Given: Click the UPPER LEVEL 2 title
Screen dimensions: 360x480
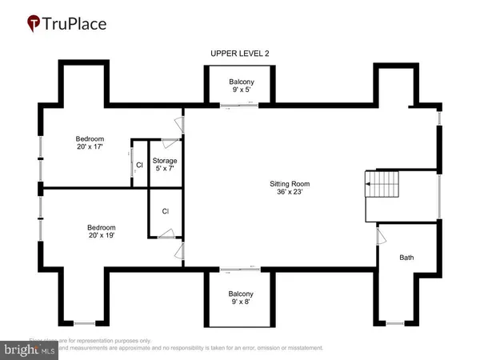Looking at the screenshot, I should coord(240,54).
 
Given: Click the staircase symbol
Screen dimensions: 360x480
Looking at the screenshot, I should coord(382,186).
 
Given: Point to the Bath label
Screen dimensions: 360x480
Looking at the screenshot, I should coord(406,258).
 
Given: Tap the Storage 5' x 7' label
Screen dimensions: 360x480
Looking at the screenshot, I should coord(164,166).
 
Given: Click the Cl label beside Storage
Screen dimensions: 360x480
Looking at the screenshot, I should coord(139,166).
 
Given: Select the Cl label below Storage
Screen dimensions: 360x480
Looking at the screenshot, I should coord(166,212).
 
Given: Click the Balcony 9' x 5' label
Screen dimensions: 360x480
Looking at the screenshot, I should coord(241,86).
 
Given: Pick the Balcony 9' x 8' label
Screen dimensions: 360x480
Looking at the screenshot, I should coord(241,298).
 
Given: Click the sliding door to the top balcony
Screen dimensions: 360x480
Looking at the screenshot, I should coord(241,104).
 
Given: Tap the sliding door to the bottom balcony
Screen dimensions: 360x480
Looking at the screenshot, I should coord(241,268).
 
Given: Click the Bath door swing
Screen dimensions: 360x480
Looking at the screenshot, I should coord(380,236).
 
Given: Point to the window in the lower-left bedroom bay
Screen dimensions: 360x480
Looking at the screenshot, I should coord(84,323).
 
